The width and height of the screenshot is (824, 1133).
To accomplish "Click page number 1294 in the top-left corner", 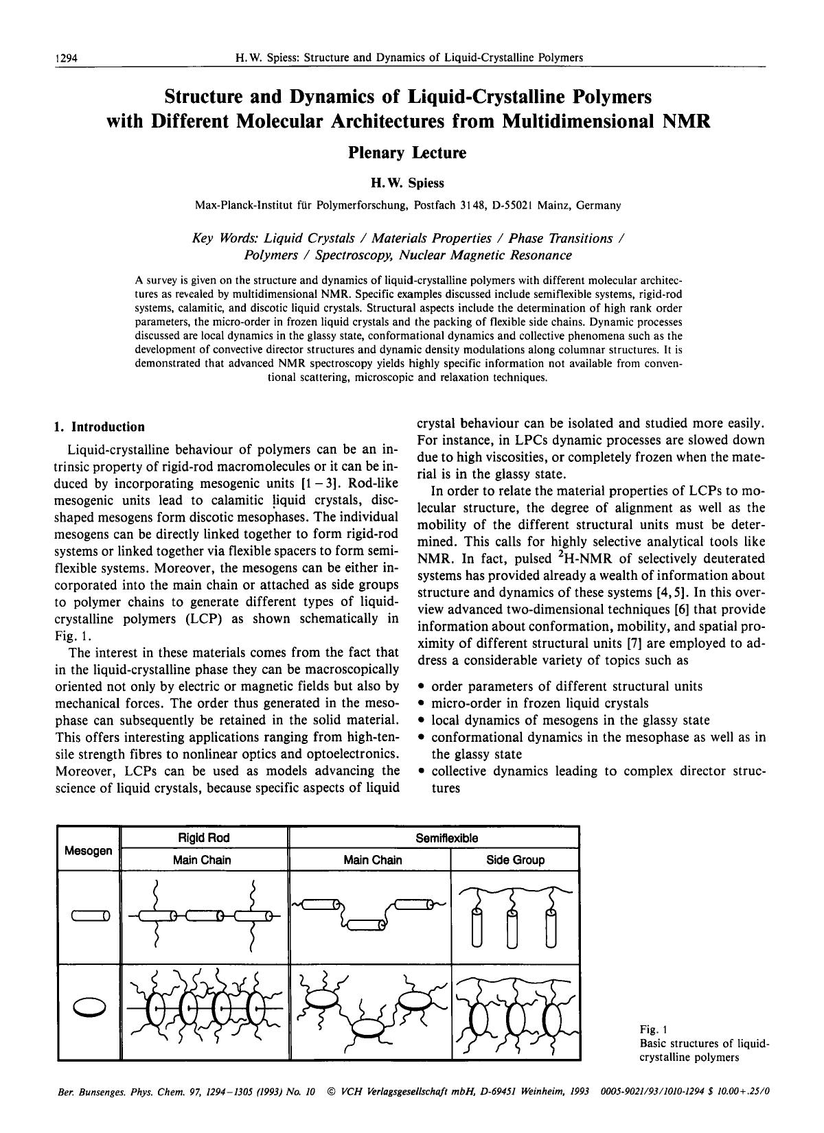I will (x=66, y=58).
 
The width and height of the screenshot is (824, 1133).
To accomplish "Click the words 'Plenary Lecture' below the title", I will (x=407, y=153).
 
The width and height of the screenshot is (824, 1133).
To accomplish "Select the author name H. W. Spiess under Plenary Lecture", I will (x=407, y=183).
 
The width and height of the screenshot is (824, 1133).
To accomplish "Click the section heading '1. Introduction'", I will (x=100, y=427).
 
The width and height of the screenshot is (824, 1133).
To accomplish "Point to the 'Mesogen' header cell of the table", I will (x=88, y=851).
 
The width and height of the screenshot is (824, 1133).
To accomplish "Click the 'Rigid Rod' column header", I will (x=204, y=838).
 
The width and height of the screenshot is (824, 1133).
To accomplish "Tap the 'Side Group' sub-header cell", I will (x=515, y=860).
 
